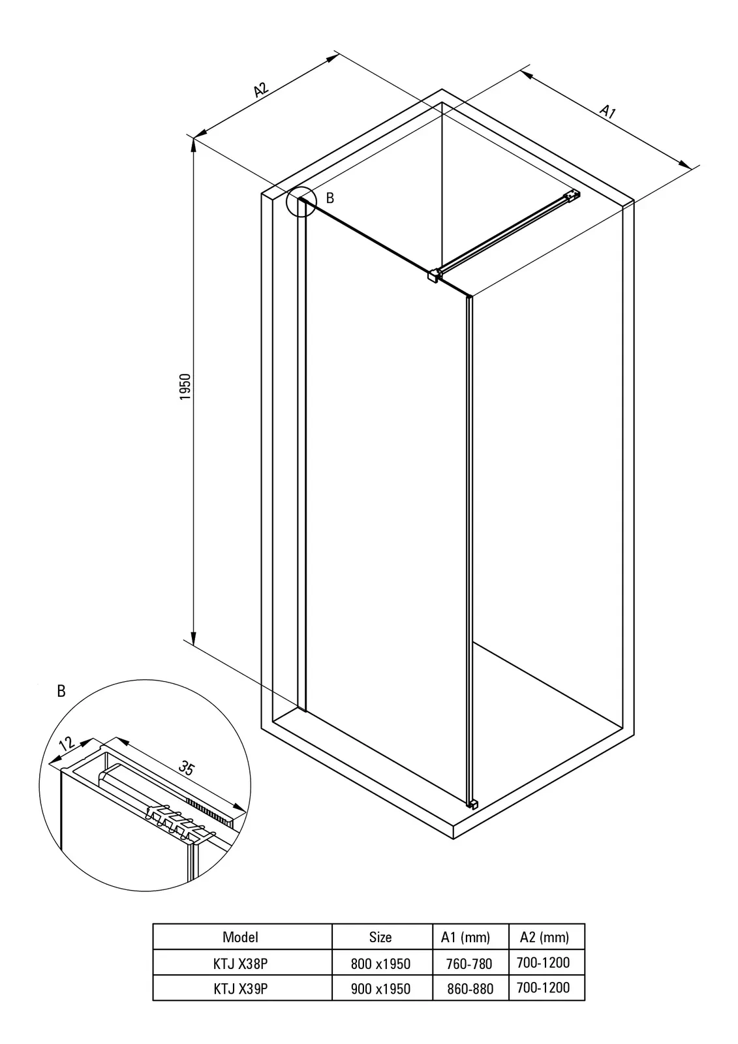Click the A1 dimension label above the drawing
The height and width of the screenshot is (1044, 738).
tap(607, 112)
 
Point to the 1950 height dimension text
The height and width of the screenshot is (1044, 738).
tap(185, 386)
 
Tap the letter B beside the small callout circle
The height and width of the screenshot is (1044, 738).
tap(330, 198)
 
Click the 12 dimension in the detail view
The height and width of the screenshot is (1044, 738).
tap(67, 743)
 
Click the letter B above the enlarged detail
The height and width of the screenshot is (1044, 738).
tap(61, 691)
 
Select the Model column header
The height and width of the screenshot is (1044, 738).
tap(240, 937)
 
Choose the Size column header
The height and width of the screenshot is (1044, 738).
tap(380, 937)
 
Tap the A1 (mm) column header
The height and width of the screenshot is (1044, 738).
tap(465, 937)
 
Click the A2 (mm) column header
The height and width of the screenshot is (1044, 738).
tap(544, 937)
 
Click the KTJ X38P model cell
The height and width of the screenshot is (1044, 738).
tap(241, 963)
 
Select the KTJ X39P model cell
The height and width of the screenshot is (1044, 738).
tap(241, 989)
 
